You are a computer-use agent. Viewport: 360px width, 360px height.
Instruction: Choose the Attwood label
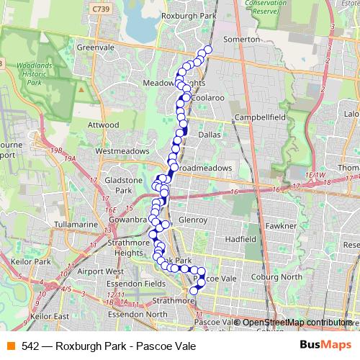click(x=103, y=125)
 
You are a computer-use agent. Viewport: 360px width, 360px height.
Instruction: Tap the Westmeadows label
click(x=122, y=151)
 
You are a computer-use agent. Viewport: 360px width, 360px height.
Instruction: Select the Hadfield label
click(x=240, y=238)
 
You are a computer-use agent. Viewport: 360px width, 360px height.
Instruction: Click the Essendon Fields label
click(x=135, y=284)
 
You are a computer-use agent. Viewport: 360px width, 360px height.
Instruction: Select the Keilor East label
click(x=49, y=315)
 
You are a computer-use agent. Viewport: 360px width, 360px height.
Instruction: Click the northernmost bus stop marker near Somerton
click(x=209, y=50)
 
